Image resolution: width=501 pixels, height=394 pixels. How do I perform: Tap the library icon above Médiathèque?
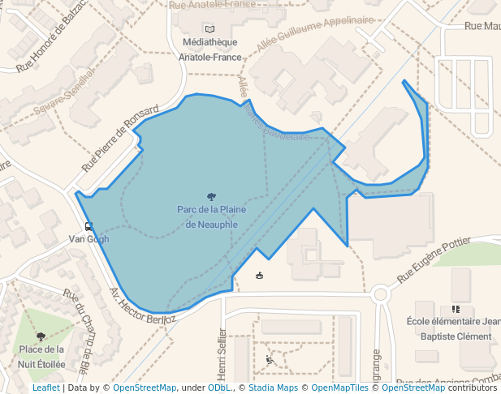[210, 29]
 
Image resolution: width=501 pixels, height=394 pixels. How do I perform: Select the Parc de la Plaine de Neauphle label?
[211, 216]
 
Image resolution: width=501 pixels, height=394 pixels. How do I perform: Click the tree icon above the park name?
[211, 196]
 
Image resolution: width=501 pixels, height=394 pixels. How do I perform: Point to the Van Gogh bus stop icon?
[88, 226]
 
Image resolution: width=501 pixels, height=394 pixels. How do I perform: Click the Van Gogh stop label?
[88, 239]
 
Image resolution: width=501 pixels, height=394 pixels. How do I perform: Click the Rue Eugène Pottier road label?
[434, 260]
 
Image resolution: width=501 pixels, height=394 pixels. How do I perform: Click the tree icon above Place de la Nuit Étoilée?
[41, 336]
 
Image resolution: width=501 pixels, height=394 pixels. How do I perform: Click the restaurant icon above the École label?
[456, 309]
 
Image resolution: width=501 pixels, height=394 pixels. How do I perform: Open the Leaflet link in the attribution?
[45, 388]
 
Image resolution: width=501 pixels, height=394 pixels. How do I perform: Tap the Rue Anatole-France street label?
[212, 5]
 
